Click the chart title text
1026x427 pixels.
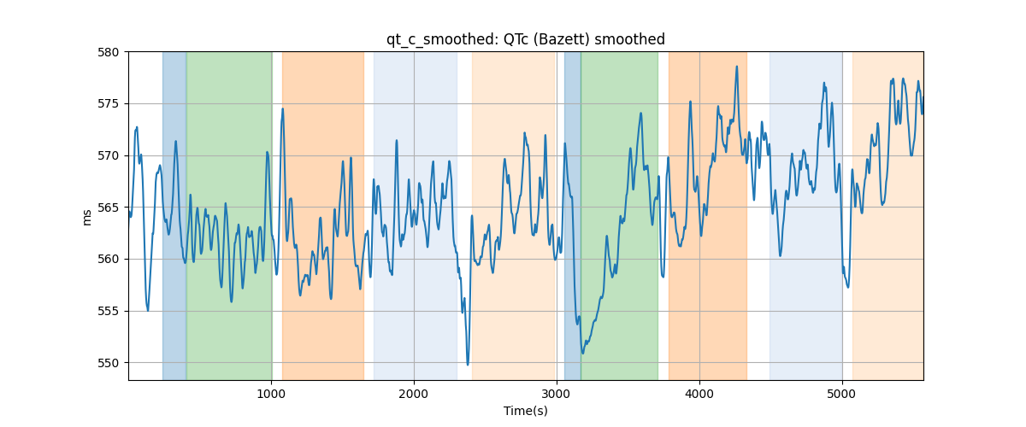pos(525,39)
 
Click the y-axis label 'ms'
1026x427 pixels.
pos(86,218)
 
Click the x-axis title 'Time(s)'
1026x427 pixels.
pos(525,411)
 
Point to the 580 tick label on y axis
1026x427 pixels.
pos(108,52)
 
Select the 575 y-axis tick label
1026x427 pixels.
pos(108,104)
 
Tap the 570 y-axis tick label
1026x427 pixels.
pos(108,155)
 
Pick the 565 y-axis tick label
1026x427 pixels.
pos(108,208)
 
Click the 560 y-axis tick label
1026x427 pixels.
pos(108,259)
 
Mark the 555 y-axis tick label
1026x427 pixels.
pos(108,311)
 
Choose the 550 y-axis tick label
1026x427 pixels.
pos(108,363)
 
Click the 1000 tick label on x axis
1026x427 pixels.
pos(271,394)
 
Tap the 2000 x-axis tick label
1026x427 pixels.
pos(414,394)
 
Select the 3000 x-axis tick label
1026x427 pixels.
pos(557,394)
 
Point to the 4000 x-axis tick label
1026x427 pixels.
pos(699,394)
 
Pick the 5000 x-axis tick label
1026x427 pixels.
pos(842,394)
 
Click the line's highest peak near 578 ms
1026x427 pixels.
pos(736,67)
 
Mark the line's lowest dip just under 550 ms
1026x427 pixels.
pos(468,365)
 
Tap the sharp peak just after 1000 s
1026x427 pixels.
pos(283,109)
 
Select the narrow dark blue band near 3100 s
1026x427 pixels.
pos(573,215)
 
